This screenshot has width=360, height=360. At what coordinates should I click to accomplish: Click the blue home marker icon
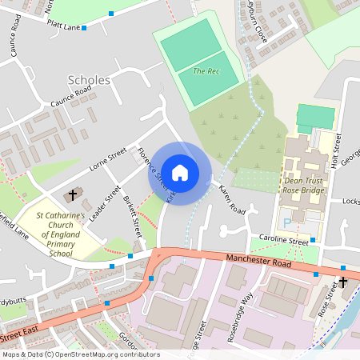pyautogui.click(x=180, y=172)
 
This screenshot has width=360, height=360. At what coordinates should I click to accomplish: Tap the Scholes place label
pyautogui.click(x=90, y=80)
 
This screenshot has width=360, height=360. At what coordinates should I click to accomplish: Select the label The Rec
pyautogui.click(x=206, y=70)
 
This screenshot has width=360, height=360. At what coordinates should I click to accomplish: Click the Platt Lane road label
pyautogui.click(x=62, y=27)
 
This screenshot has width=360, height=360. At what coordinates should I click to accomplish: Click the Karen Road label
pyautogui.click(x=231, y=201)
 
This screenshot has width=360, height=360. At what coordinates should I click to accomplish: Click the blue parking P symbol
pyautogui.click(x=288, y=222)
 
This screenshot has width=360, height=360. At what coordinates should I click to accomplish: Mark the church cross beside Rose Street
pyautogui.click(x=343, y=282)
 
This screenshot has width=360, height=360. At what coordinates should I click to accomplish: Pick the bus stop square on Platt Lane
pyautogui.click(x=83, y=26)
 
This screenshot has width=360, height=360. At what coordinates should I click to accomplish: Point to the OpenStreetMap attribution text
pyautogui.click(x=80, y=354)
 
